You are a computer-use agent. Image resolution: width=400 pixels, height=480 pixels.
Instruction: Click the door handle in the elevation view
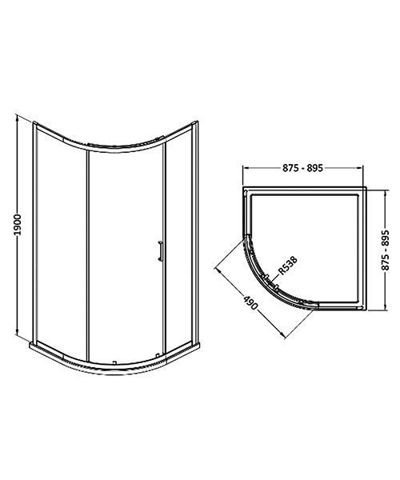162,250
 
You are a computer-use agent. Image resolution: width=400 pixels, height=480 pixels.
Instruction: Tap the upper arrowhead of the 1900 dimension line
18,120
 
